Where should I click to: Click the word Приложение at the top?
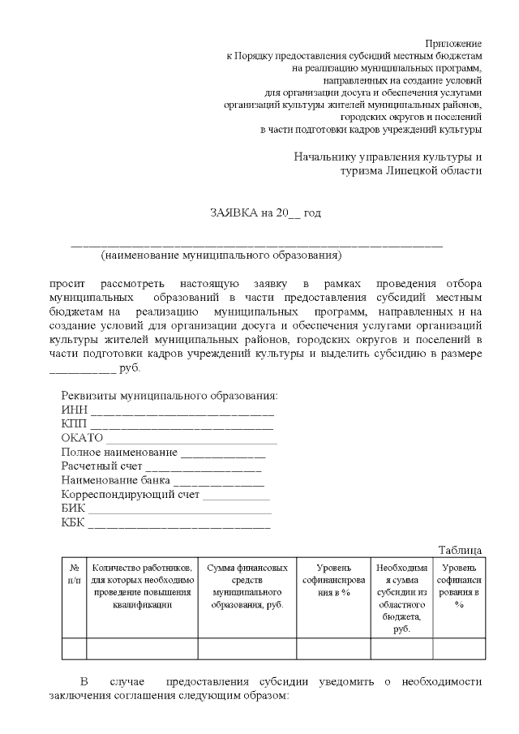tap(453, 42)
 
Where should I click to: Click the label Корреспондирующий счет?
tap(131, 496)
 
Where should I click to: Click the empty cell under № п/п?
tap(74, 649)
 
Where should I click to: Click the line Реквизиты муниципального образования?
tap(169, 397)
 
